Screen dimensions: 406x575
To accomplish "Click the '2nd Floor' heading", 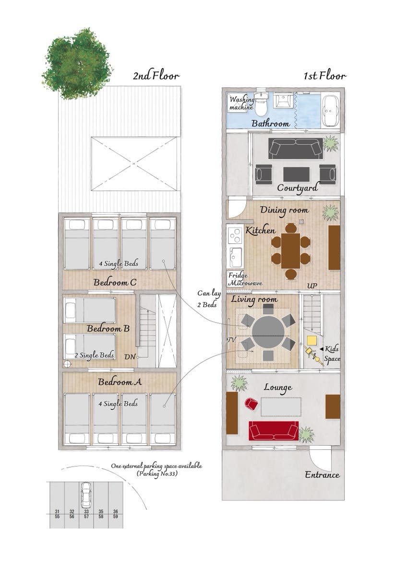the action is [156, 76].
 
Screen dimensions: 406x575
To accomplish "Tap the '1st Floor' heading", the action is [325, 76].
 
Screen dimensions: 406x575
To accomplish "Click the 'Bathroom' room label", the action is [270, 124].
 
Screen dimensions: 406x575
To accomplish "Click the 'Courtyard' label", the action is [297, 188].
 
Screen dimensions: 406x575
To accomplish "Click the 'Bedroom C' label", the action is [115, 282].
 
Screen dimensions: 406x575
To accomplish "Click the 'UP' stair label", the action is [312, 286].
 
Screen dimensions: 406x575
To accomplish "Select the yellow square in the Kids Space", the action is [312, 341].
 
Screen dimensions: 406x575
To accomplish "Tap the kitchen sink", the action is [235, 257].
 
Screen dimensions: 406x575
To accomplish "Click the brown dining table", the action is [290, 251].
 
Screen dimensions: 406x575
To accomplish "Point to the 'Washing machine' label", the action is [241, 103].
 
